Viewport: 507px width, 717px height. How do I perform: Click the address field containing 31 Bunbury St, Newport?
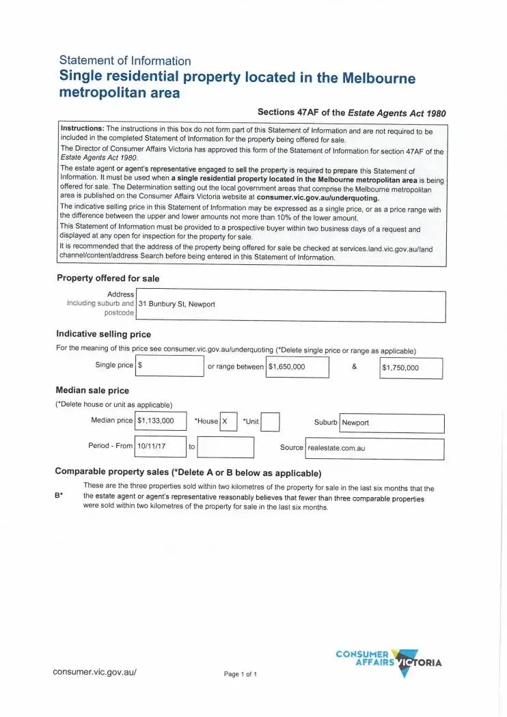coord(290,305)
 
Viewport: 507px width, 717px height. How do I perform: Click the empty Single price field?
coord(169,366)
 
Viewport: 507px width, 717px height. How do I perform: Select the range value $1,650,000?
coord(297,367)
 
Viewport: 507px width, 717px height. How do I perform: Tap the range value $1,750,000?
coord(411,368)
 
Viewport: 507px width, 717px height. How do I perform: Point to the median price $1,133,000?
coord(161,421)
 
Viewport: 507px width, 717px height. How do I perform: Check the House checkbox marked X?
coord(228,422)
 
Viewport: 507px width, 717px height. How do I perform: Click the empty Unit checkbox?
coord(271,422)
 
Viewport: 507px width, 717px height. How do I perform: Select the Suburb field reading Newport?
coord(392,423)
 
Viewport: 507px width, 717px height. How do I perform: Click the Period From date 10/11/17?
coord(161,447)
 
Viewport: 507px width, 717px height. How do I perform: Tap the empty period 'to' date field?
coord(225,447)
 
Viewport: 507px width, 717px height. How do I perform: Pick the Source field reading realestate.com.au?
coord(374,448)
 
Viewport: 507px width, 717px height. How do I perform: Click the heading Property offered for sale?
coord(108,278)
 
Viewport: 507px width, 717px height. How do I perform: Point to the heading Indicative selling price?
coord(103,335)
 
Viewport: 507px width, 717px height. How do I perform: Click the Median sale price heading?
coord(92,391)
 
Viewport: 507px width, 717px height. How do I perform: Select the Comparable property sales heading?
coord(188,473)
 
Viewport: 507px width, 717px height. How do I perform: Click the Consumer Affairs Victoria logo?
coord(388,661)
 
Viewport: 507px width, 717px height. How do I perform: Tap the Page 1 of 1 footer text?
coord(240,675)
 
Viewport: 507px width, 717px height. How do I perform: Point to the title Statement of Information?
coord(125,61)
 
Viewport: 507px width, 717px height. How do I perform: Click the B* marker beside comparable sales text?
coord(59,496)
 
